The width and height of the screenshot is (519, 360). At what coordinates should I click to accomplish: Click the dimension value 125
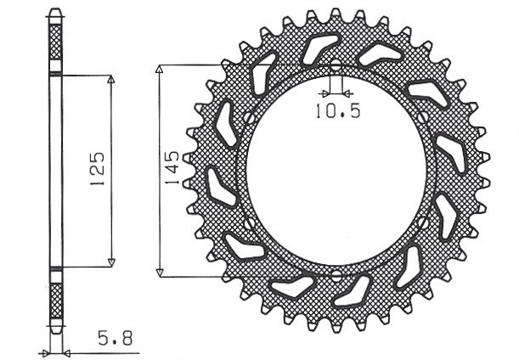96,170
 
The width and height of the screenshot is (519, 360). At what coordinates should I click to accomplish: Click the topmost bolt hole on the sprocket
335,66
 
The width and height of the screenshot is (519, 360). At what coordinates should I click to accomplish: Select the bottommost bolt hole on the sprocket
335,276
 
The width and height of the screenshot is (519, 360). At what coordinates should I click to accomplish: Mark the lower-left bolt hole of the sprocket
250,222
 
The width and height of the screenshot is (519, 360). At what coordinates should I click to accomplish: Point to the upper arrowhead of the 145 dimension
160,69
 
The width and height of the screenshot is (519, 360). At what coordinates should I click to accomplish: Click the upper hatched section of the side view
56,42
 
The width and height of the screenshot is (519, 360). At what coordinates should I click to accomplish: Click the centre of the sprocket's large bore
335,171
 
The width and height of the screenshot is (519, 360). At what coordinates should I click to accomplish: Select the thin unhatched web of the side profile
56,170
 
